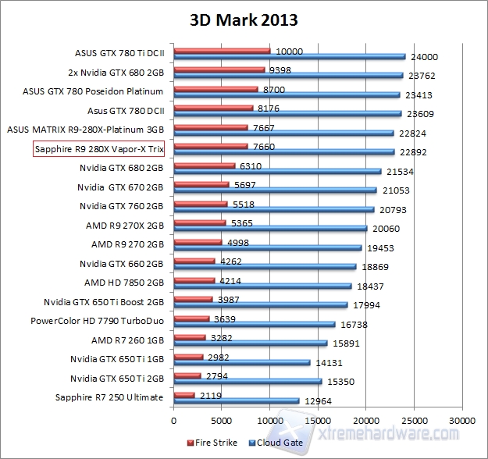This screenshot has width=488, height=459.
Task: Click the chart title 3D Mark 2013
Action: point(244,20)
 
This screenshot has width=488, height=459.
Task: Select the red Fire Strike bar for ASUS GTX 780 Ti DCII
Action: point(222,52)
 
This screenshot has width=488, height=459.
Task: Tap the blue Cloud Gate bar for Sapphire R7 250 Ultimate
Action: point(236,400)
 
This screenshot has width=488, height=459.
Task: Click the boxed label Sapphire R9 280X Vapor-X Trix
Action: point(103,148)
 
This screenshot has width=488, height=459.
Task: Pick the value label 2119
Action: point(210,394)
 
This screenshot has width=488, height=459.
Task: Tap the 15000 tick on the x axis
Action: point(318,419)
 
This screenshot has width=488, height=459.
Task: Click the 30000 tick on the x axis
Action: point(461,419)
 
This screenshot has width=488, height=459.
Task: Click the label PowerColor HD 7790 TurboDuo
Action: point(97,320)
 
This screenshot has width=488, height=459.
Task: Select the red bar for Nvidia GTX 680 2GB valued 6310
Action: point(204,165)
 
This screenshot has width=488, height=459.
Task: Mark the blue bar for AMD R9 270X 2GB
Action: point(270,229)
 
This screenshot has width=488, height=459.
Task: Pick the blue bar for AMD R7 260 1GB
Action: point(250,343)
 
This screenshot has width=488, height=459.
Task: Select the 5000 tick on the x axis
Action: point(222,419)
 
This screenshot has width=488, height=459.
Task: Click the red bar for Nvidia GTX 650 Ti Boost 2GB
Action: point(193,299)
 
